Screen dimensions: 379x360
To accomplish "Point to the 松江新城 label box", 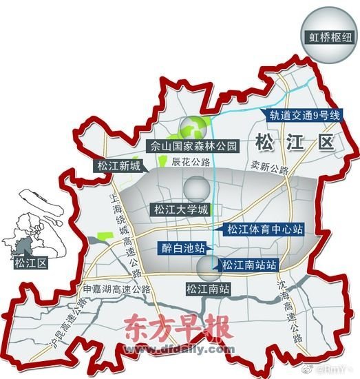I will [118, 166].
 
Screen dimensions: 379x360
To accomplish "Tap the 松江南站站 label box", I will [249, 263].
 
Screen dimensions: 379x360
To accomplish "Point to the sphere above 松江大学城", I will [195, 188].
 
